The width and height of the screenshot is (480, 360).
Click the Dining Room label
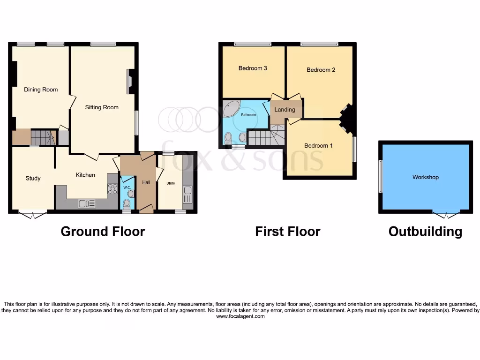41,90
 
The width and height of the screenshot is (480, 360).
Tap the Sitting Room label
102,107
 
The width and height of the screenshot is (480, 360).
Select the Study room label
33,178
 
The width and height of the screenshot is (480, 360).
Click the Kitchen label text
85,175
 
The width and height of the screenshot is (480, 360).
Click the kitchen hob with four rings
112,188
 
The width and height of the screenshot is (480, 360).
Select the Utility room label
170,183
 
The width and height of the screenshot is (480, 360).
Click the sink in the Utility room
187,191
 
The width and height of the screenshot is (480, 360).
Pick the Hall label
146,182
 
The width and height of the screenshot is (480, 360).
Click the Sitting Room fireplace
130,81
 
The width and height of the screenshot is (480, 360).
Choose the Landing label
285,110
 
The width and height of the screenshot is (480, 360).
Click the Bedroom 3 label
253,68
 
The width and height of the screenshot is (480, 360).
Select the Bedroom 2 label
321,70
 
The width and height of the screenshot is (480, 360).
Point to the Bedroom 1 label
318,146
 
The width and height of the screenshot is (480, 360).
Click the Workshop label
426,177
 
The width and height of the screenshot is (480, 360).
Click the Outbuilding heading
425,232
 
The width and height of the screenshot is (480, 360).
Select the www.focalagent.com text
240,316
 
